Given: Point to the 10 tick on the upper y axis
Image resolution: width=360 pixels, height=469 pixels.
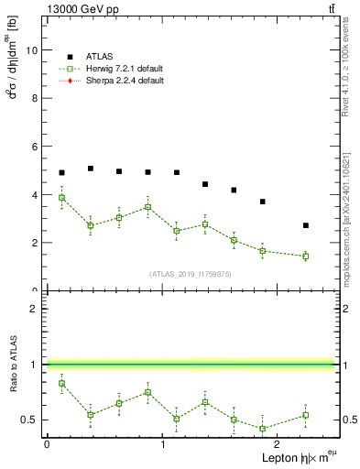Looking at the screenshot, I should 32,50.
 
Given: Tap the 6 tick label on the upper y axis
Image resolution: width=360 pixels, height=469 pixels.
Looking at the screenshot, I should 35,147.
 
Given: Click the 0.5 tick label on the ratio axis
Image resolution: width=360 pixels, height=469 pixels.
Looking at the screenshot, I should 29,420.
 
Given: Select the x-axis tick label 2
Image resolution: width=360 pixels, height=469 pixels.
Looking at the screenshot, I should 278,443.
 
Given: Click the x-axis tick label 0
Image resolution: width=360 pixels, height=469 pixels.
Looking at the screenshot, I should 47,443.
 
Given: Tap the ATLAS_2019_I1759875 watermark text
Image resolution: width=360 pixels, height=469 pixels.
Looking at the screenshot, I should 191,273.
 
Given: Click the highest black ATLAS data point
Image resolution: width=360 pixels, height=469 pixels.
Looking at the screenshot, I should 91,169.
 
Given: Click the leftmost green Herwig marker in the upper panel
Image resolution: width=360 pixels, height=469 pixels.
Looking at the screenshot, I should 61,198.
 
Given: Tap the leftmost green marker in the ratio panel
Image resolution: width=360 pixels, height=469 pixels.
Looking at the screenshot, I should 61,383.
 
